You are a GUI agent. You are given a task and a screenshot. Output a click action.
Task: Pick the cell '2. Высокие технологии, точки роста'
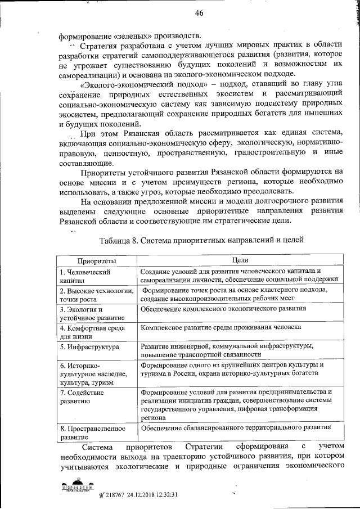click(96, 295)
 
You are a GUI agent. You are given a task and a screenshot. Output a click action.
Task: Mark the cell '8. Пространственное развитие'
click(92, 431)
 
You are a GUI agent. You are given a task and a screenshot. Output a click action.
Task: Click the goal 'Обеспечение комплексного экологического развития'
click(224, 309)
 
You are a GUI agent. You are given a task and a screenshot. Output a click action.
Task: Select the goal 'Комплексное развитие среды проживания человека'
click(222, 327)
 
